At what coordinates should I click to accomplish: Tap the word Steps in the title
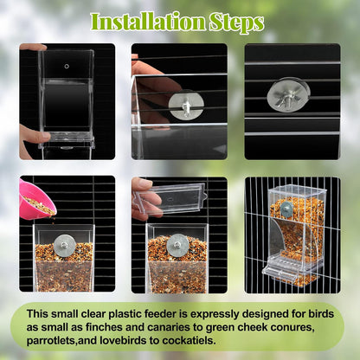235,21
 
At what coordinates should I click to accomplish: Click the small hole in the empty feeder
67,65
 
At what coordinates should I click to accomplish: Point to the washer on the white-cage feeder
286,210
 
